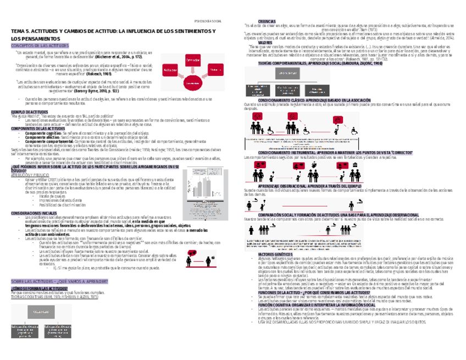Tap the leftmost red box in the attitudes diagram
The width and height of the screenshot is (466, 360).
click(x=170, y=71)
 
